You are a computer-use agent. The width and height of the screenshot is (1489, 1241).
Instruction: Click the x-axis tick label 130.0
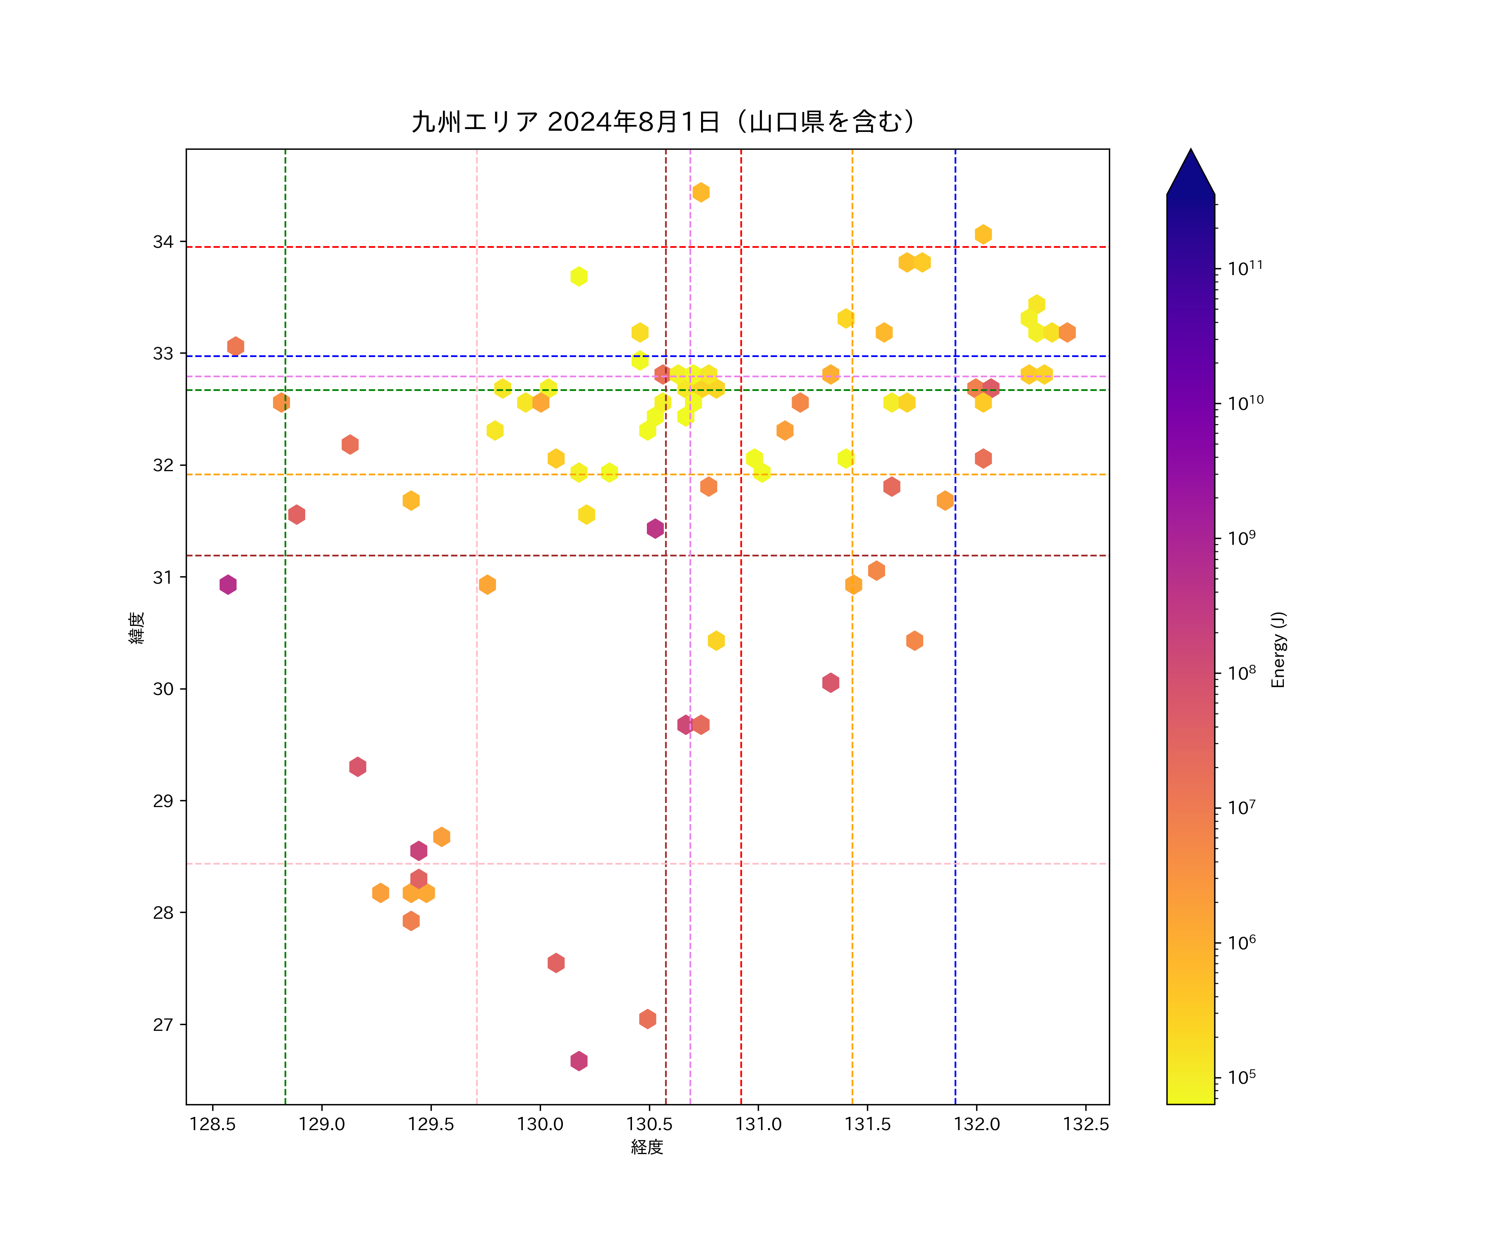[x=540, y=1125]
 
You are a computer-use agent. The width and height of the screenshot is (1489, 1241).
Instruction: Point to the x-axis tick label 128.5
[x=212, y=1125]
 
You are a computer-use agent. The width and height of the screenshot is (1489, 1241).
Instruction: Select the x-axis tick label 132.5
[x=1086, y=1125]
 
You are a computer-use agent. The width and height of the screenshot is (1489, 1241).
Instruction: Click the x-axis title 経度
[x=646, y=1148]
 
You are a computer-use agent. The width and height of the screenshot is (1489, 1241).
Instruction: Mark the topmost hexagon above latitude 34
[x=701, y=192]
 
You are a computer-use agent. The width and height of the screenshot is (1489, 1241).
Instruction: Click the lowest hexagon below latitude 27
[x=579, y=1061]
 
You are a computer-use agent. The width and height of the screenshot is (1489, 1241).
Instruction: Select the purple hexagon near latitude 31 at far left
[x=227, y=585]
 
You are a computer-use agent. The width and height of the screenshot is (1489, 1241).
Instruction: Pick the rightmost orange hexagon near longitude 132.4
[x=1066, y=332]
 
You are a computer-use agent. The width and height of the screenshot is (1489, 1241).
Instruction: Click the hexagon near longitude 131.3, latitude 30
[x=830, y=682]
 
